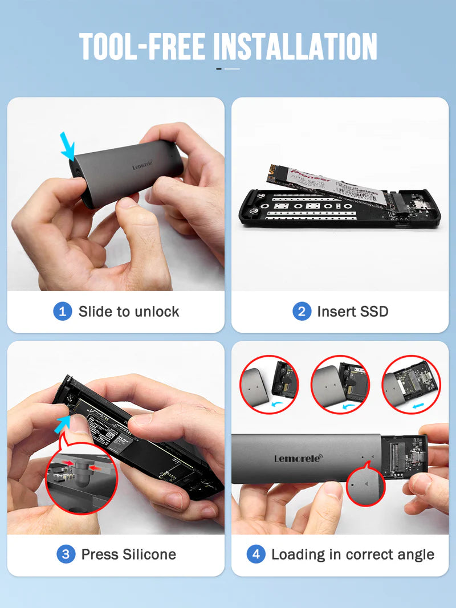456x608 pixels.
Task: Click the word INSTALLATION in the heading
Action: tap(295, 47)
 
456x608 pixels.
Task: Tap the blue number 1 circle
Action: tap(62, 311)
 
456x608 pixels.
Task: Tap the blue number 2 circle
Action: tap(302, 311)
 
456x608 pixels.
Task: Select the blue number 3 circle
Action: tap(66, 554)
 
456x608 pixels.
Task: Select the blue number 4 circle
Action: tap(256, 554)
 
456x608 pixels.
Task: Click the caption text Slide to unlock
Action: tap(129, 311)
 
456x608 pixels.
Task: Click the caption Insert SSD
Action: tap(352, 311)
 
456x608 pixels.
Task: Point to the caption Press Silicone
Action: tap(129, 554)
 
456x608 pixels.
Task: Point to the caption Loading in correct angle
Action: tap(352, 554)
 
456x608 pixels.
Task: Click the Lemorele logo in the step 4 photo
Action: tap(297, 458)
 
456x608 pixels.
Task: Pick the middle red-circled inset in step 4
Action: tap(340, 383)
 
